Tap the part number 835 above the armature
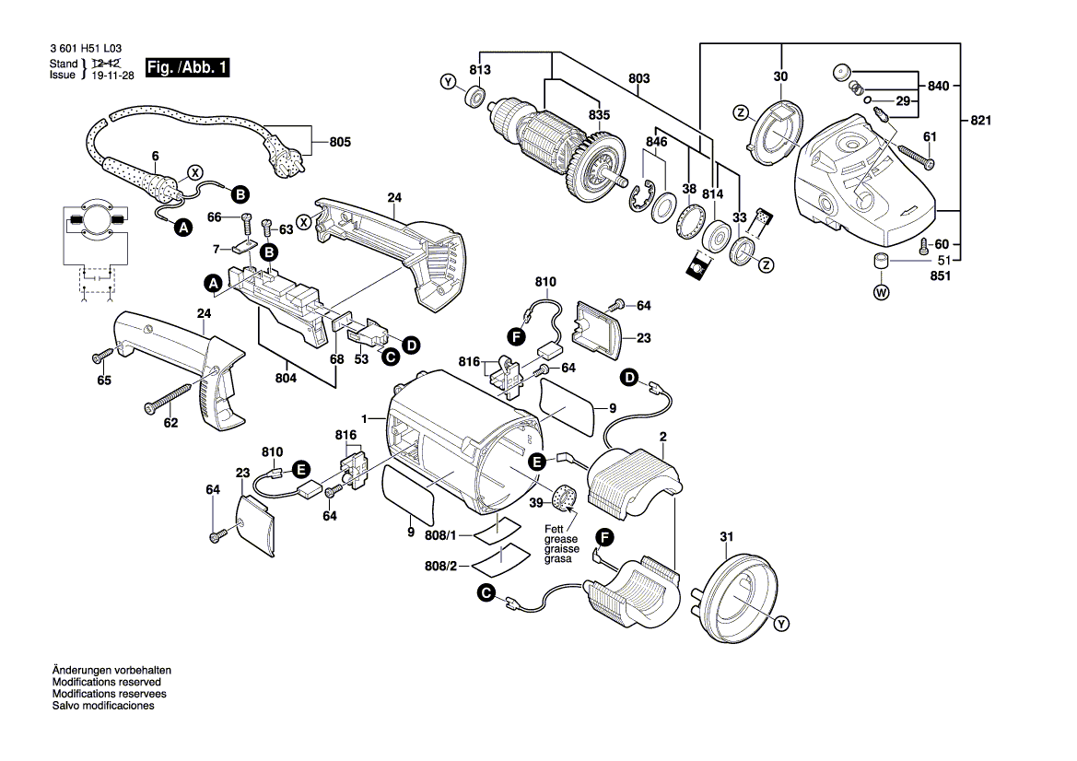[600, 115]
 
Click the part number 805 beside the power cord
[341, 143]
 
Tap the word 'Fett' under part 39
[554, 528]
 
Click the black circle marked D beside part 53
[411, 345]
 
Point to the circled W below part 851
[881, 293]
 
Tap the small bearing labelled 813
[477, 95]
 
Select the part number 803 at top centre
[639, 79]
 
